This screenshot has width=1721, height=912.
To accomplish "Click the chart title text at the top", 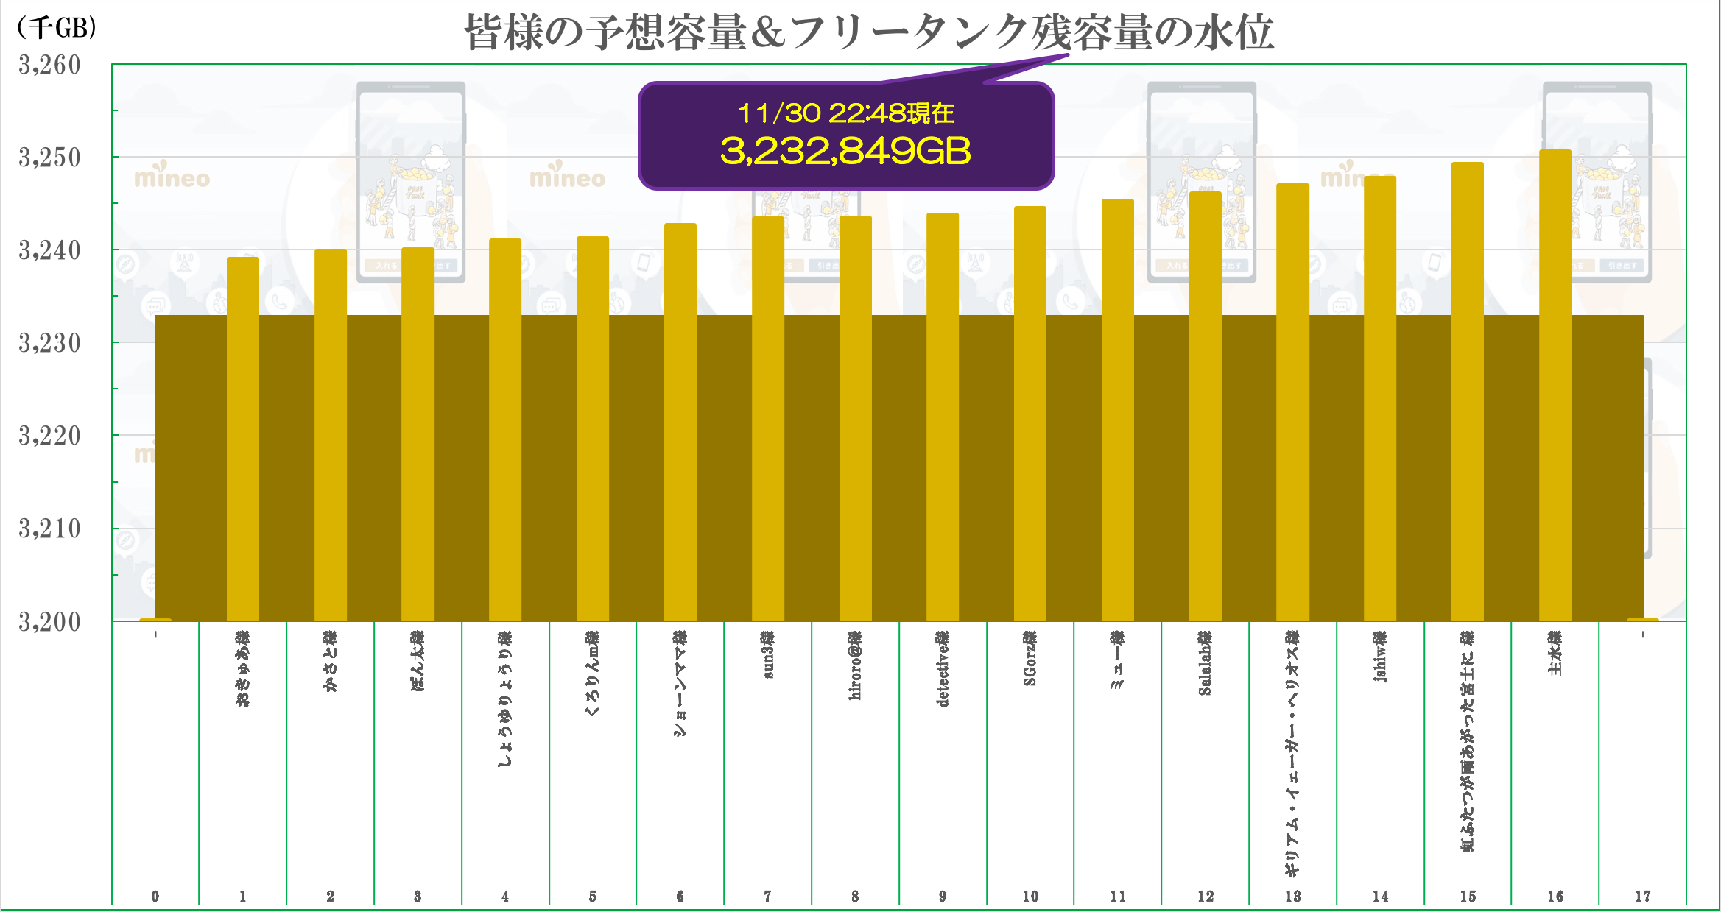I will (x=869, y=33).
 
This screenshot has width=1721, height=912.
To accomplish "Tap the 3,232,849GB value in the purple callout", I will (x=845, y=151).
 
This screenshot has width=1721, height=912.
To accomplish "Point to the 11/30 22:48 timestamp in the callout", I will (x=845, y=113).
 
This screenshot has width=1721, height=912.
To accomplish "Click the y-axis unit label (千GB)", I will (x=57, y=28).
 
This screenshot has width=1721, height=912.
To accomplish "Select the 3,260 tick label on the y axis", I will (x=49, y=66).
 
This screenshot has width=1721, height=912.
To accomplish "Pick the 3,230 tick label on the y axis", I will (x=49, y=343).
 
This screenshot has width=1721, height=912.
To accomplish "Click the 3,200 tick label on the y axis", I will (x=49, y=622).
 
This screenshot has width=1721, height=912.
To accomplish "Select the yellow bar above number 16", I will (x=1555, y=383).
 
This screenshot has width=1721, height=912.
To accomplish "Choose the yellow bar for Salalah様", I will (x=1205, y=405).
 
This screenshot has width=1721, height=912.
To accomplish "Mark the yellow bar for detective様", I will (x=942, y=416).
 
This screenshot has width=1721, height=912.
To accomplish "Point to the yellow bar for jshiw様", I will (x=1379, y=397).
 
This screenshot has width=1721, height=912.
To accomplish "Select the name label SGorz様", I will (x=1030, y=658).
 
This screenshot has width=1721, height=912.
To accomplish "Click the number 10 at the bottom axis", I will (x=1030, y=897).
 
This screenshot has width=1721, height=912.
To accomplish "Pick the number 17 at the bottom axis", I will (x=1642, y=897).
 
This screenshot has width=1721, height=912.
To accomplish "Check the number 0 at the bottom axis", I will (x=155, y=897).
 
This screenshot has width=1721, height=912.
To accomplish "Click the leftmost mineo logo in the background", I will (x=172, y=177).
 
